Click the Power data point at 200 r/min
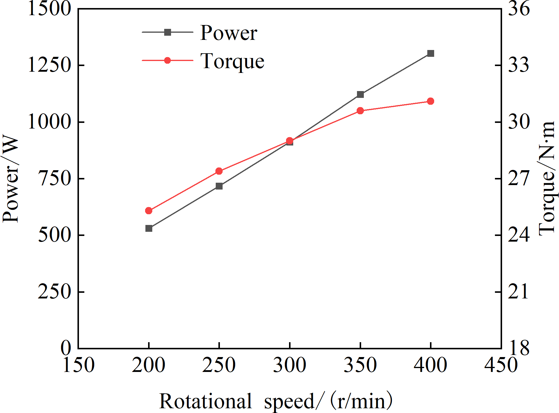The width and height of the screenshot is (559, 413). [149, 228]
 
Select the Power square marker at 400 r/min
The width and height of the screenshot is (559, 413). [431, 54]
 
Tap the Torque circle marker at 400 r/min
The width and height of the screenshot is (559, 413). [431, 101]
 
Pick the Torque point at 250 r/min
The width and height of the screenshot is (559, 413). [219, 171]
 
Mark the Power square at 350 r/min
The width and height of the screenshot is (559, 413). [360, 94]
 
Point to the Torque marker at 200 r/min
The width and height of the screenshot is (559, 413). [149, 211]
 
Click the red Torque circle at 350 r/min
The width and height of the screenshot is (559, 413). [360, 111]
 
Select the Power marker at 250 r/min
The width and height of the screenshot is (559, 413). [219, 186]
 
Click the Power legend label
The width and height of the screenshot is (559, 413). [229, 33]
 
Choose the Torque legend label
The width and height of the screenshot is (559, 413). [232, 62]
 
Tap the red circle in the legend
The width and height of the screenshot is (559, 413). [167, 60]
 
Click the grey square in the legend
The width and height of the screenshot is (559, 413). [167, 32]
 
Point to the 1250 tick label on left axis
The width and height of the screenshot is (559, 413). [49, 65]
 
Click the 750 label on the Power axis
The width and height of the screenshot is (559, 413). [55, 178]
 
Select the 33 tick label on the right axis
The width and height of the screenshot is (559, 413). [519, 65]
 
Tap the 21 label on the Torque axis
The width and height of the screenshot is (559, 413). [518, 291]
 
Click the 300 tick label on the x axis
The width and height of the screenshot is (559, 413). [290, 365]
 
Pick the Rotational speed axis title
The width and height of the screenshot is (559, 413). [276, 401]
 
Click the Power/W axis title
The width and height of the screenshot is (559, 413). [11, 179]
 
